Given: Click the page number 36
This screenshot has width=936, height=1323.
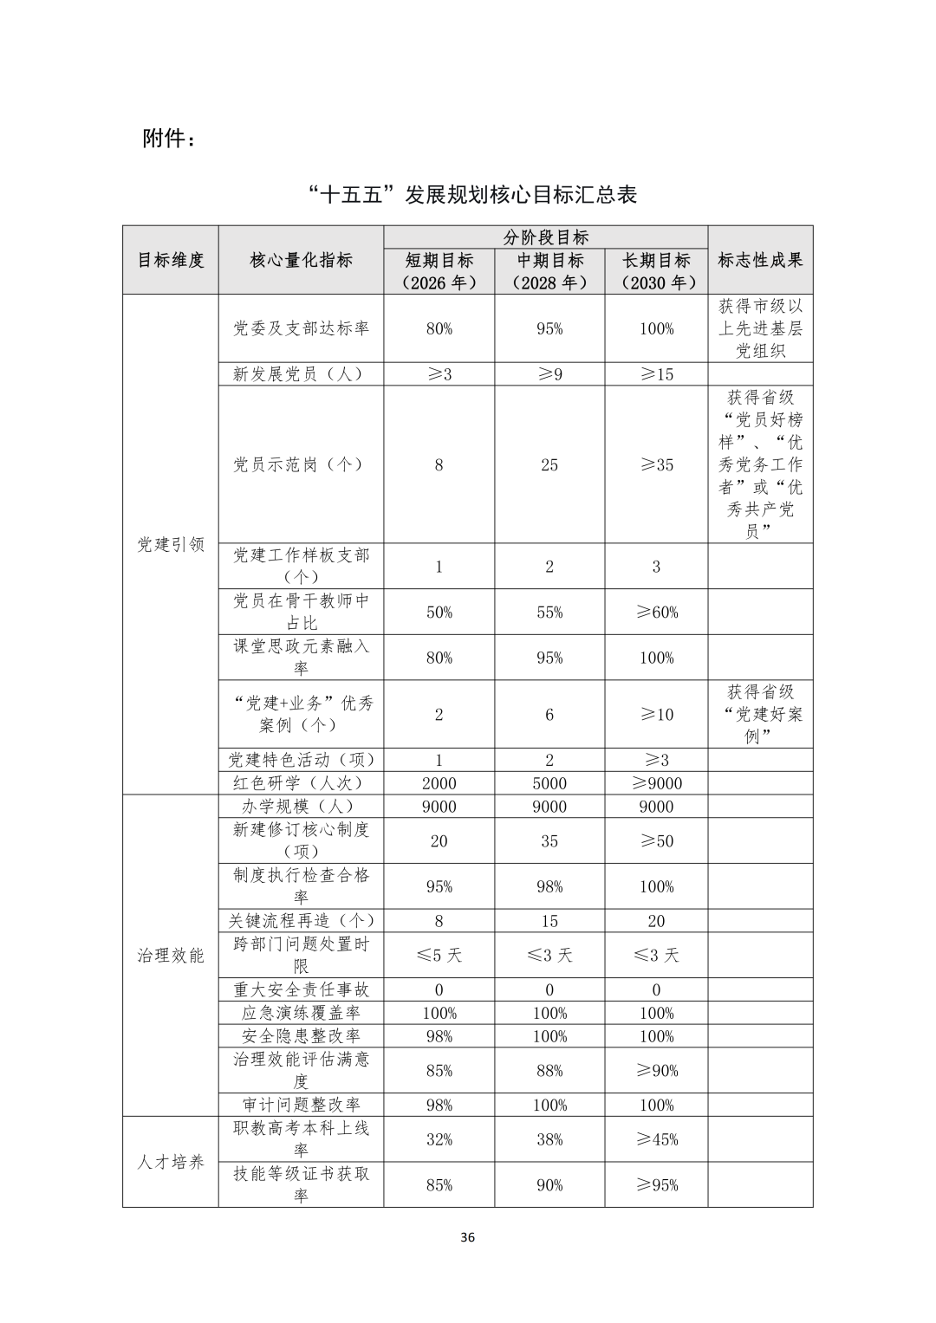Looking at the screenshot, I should click(467, 1237).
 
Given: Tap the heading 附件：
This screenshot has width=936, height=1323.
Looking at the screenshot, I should click(169, 139).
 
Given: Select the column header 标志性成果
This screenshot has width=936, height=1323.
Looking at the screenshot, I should click(760, 260).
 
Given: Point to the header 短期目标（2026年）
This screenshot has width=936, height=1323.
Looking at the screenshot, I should click(439, 271).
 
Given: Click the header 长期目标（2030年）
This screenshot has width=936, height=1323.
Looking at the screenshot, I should click(656, 271).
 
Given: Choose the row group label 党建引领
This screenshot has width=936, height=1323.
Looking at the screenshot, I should click(171, 544).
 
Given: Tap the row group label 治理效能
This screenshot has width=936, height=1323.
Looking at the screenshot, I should click(171, 955).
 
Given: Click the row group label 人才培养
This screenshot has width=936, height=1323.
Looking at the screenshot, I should click(171, 1162).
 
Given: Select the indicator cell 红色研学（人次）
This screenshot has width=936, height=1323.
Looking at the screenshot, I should click(301, 783).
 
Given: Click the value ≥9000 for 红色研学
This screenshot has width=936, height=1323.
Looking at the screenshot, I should click(656, 783).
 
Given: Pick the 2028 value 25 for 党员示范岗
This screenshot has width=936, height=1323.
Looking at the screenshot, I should click(549, 464).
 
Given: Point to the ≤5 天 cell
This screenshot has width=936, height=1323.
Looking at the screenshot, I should click(439, 955).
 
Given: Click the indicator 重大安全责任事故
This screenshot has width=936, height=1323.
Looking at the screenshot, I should click(301, 989).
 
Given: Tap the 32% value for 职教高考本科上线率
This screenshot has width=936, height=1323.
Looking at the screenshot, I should click(439, 1139).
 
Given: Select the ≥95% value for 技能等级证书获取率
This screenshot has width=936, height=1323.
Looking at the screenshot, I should click(656, 1185).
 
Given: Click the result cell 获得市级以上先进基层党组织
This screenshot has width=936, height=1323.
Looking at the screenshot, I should click(760, 328).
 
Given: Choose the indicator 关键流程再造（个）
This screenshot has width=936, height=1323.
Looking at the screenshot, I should click(301, 921).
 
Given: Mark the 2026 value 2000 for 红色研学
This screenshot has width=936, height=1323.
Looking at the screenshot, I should click(439, 783).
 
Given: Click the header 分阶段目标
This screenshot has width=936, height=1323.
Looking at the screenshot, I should click(546, 237).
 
